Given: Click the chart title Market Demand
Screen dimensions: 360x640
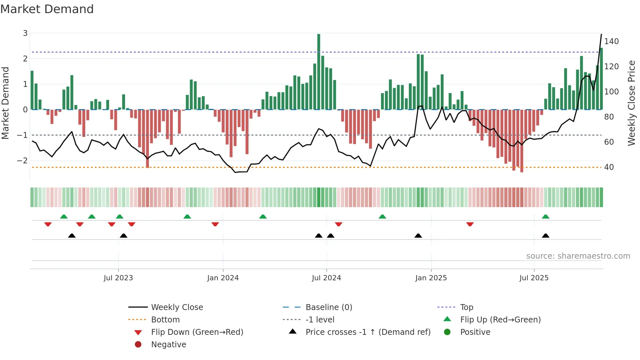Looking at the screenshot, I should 47,9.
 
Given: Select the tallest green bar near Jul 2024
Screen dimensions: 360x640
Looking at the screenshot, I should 319,72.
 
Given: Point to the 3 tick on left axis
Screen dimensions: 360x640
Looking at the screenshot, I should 25,33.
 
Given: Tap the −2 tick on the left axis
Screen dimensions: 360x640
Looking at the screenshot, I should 22,160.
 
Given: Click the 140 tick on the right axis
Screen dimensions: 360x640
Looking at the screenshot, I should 611,41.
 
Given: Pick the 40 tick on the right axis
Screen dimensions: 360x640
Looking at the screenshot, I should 609,167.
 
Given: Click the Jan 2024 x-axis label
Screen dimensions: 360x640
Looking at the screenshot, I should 223,278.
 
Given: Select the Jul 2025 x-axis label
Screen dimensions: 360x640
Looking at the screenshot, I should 534,278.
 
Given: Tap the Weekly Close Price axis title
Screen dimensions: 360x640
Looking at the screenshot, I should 632,103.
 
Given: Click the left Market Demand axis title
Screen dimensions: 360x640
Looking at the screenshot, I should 5,103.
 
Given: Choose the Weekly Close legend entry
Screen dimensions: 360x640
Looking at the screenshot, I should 177,307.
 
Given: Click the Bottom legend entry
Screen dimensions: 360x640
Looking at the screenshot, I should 165,319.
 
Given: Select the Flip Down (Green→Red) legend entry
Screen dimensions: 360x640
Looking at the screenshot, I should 197,332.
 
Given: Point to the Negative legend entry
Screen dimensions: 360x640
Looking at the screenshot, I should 168,344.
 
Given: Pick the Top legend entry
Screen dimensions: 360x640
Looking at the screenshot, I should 467,307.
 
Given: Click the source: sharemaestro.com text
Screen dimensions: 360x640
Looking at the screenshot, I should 578,256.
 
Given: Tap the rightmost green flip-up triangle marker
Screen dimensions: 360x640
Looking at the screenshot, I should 546,217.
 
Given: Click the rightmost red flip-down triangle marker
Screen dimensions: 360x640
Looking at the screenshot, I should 470,224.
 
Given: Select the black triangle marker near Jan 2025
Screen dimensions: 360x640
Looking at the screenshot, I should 418,236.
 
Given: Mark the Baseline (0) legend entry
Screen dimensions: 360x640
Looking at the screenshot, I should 328,307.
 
